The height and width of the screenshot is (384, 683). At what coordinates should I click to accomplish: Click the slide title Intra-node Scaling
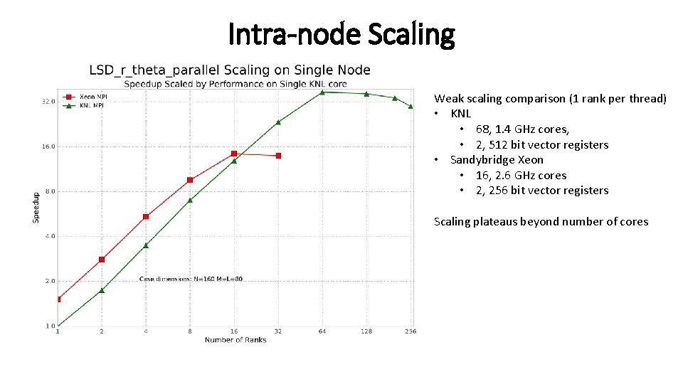point(341,33)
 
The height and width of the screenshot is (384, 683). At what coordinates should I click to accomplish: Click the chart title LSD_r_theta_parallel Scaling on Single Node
point(229,70)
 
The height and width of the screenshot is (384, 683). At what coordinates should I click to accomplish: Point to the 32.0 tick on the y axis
point(47,102)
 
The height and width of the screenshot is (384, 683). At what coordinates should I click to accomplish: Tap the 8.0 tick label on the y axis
point(47,191)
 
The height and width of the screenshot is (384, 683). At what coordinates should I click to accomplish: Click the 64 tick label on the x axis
point(322,331)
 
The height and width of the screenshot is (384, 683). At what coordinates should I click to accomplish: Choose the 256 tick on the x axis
point(411,331)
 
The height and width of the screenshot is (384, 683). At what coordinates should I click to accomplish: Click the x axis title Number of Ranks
point(235,340)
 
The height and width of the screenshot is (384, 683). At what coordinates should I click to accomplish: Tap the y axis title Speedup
point(36,207)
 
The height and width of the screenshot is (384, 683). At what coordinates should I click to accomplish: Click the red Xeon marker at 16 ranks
point(234,154)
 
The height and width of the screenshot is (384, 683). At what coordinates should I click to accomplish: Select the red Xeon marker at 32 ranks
point(278,156)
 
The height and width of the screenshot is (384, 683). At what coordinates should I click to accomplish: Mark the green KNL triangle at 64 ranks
point(322,92)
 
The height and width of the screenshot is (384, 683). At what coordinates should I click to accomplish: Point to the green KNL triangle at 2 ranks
point(102,290)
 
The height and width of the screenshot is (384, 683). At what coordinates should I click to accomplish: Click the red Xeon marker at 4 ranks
point(146,216)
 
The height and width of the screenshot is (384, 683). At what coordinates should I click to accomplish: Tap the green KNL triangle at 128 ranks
point(366,94)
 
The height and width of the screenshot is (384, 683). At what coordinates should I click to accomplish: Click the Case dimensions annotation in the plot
point(191,279)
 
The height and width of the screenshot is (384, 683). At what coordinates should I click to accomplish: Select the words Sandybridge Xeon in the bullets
point(497,160)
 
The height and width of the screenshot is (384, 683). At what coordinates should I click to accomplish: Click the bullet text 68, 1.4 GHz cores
point(522,129)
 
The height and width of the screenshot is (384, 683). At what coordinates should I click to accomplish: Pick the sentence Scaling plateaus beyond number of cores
point(541,222)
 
